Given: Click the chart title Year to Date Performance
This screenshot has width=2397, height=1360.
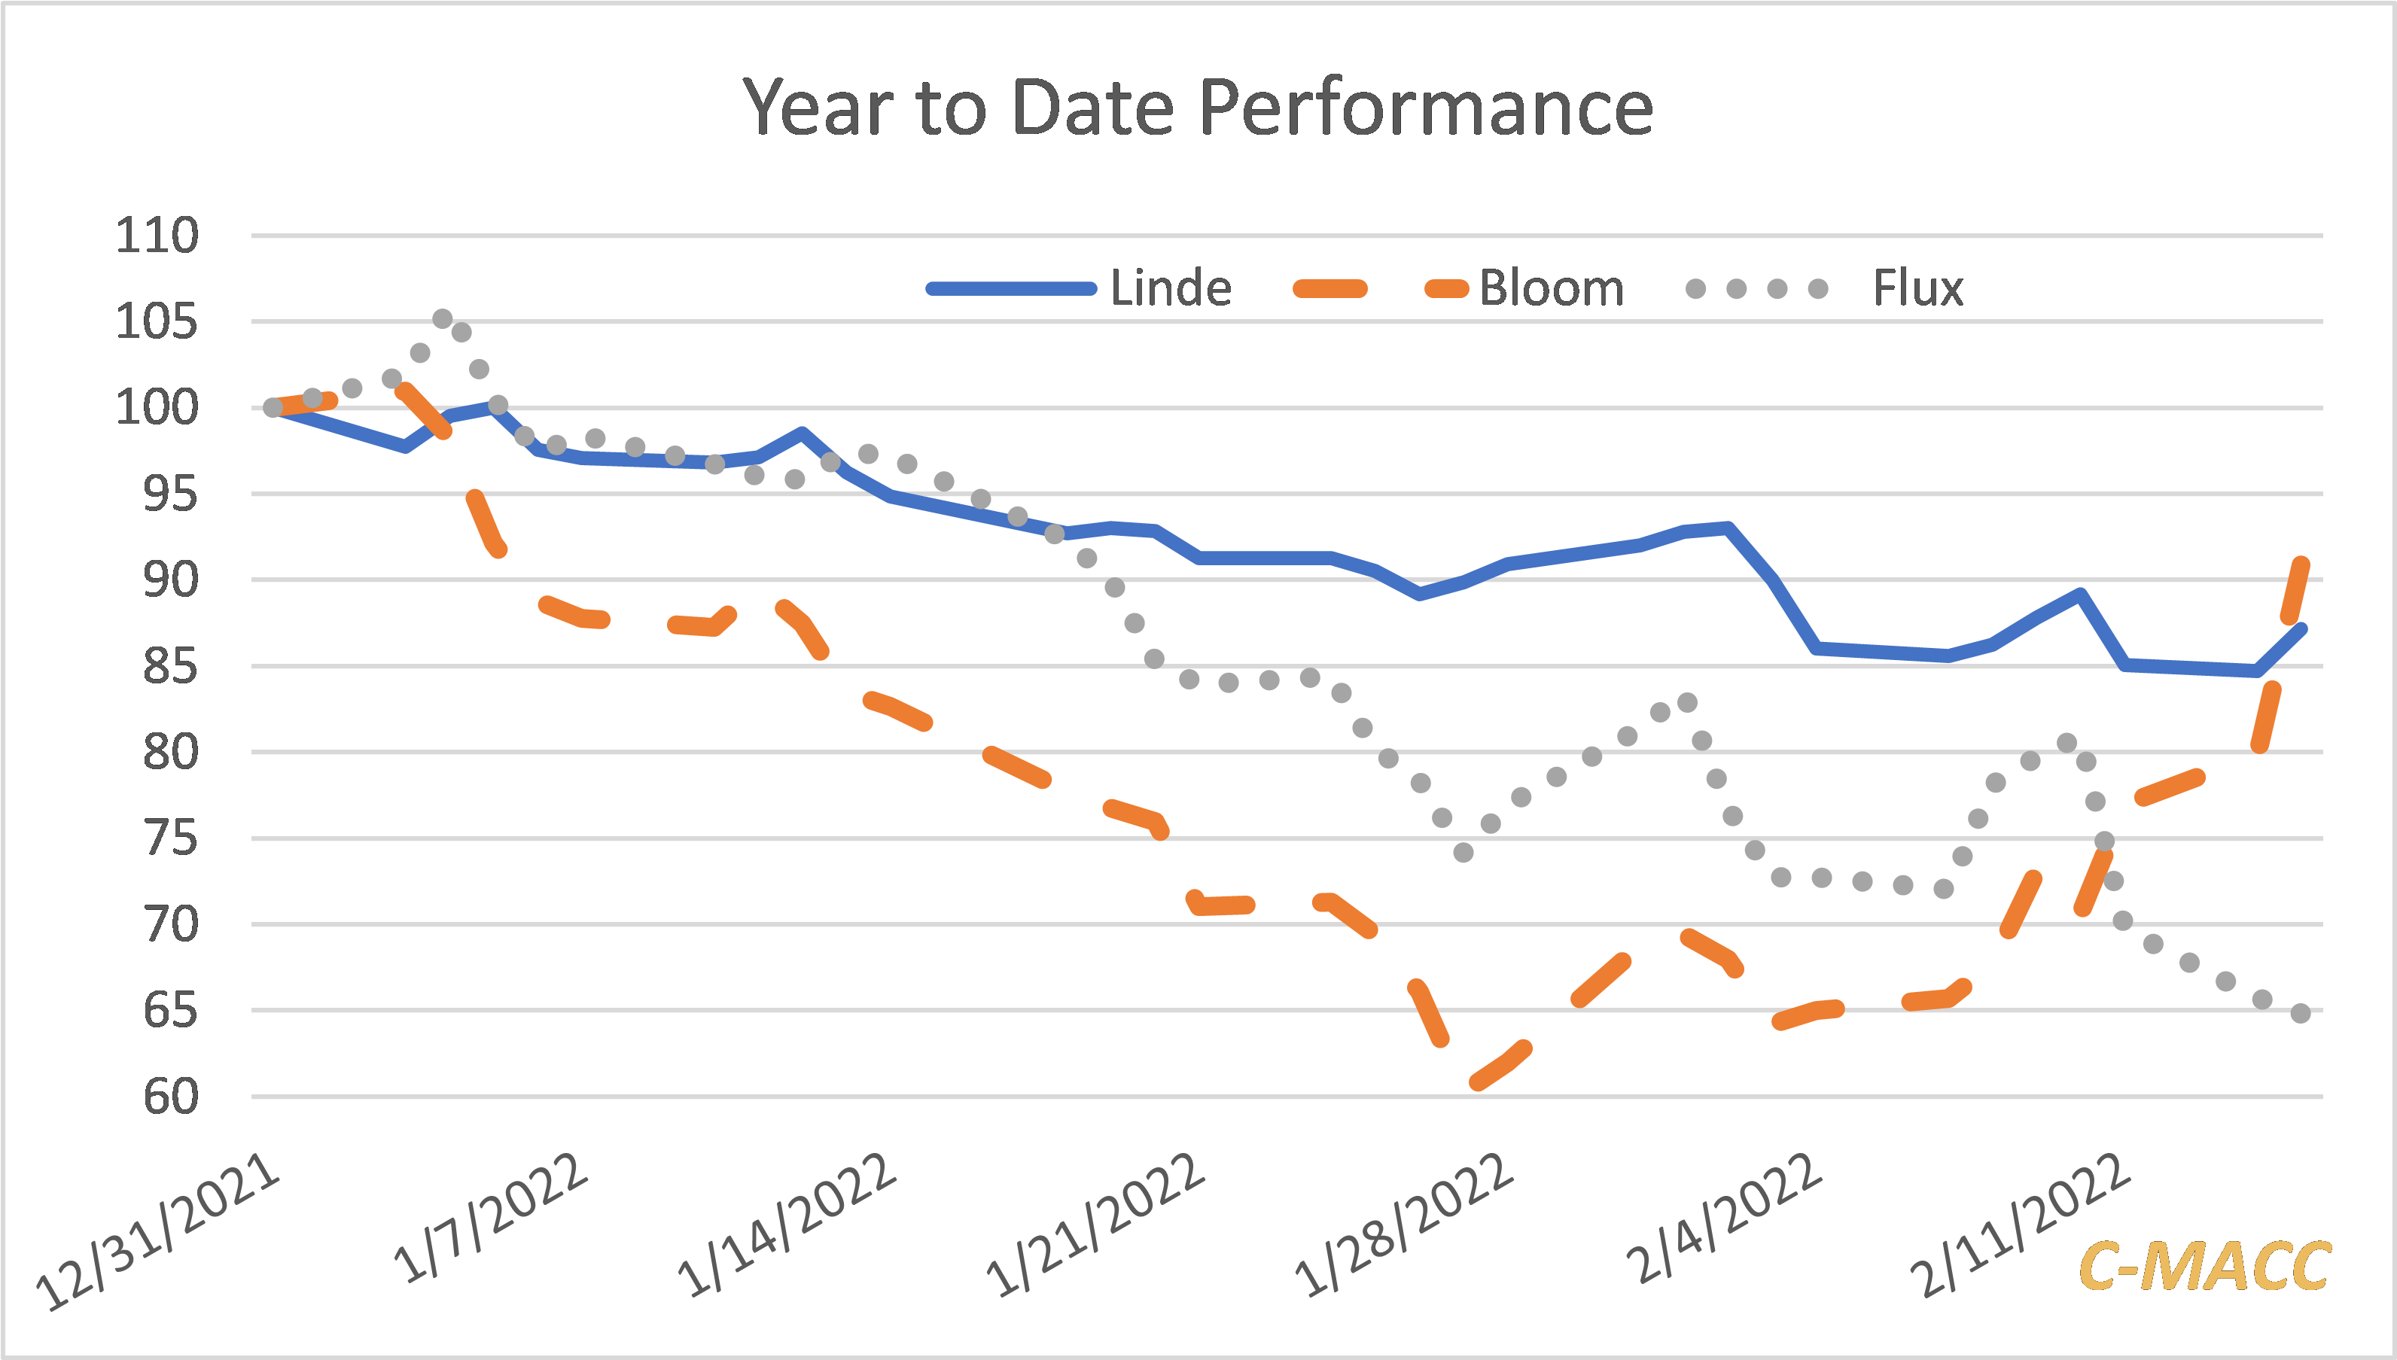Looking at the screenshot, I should (1198, 108).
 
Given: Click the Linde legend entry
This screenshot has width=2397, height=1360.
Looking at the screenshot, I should (1171, 288).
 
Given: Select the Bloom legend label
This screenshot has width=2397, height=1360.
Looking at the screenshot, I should (1551, 288).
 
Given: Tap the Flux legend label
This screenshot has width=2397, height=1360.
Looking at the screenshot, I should (1917, 288).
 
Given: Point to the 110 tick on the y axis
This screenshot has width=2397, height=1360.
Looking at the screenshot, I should (157, 236).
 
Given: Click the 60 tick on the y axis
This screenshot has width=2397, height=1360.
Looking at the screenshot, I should (170, 1097).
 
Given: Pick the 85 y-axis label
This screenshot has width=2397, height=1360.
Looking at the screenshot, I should (170, 667).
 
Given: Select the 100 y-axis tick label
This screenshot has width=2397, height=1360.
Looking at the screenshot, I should (157, 408).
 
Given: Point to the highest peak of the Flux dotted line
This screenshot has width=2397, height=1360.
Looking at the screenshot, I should (443, 319).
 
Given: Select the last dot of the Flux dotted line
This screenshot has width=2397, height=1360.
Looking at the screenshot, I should (2301, 1014).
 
